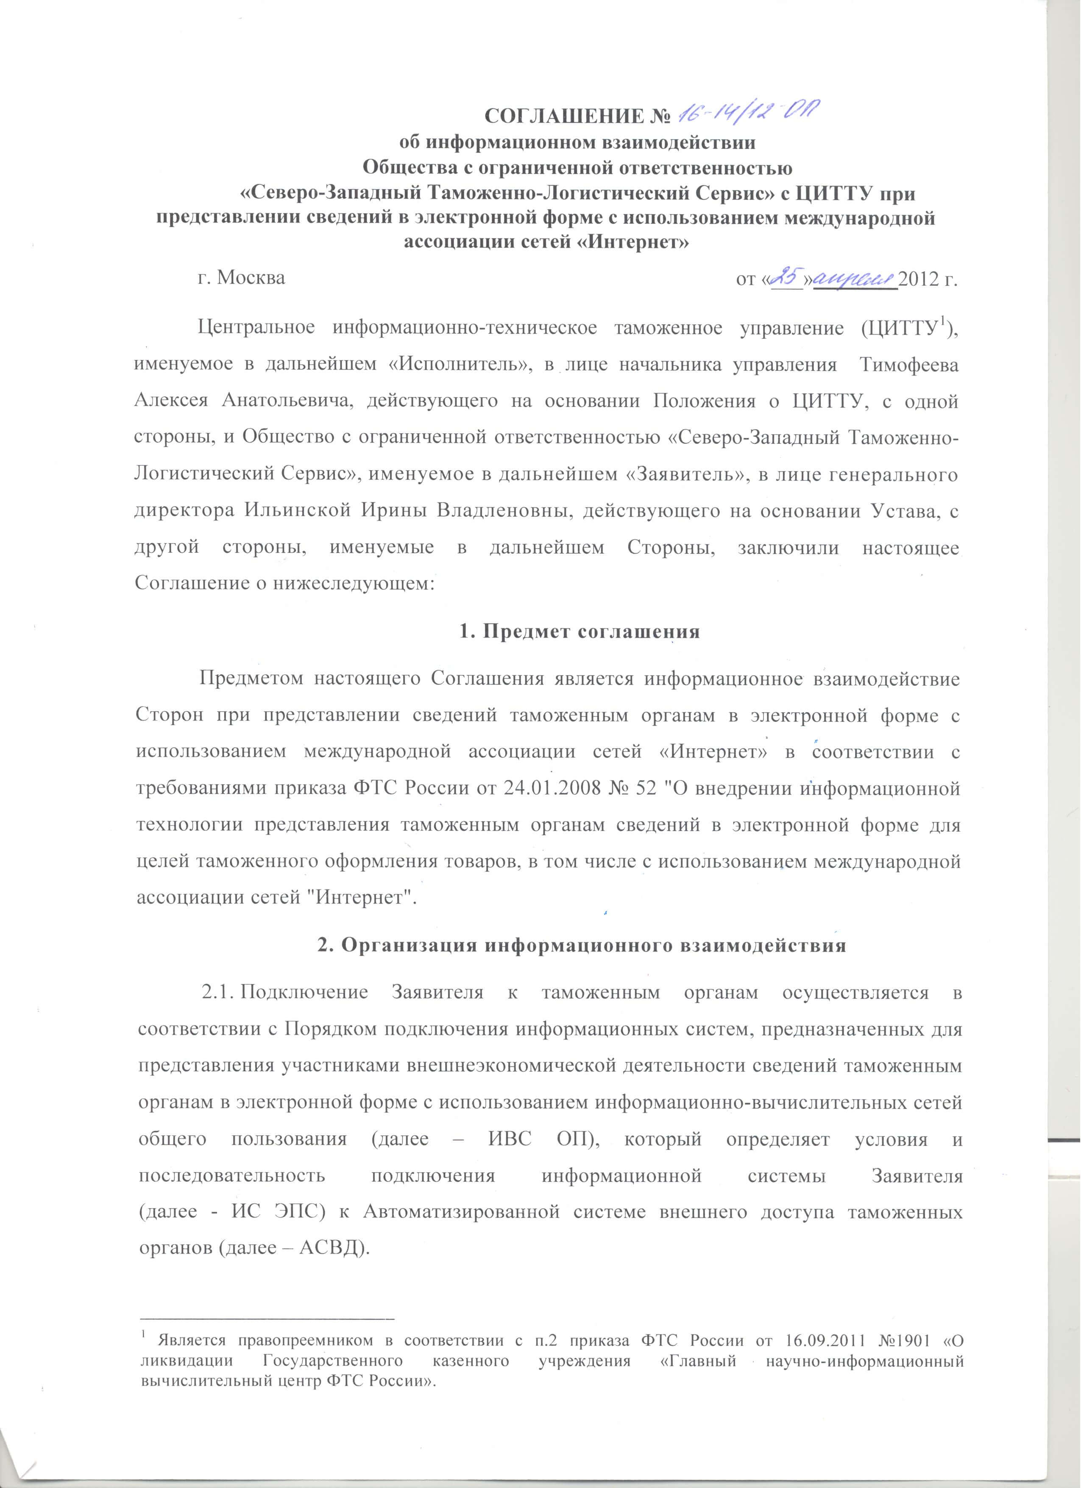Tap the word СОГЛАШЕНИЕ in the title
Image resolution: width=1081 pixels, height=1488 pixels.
click(x=557, y=116)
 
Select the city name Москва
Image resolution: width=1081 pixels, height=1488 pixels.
click(x=251, y=278)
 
